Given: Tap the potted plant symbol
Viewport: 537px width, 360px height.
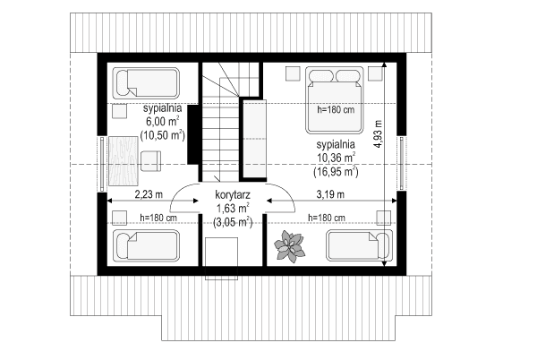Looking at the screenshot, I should [290, 245].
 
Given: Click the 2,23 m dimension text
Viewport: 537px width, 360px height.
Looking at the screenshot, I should [142, 193].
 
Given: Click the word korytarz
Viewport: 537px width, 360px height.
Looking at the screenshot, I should [232, 193].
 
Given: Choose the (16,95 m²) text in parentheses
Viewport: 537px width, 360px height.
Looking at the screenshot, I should [336, 170].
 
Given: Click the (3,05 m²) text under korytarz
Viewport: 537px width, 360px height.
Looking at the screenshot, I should [232, 222].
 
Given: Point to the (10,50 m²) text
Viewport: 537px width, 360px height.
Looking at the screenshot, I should [162, 135].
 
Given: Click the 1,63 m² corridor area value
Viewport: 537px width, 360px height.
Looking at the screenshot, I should [232, 208].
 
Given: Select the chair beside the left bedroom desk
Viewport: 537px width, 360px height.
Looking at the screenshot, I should [150, 160].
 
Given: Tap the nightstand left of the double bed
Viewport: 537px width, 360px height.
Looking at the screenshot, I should [293, 74].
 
